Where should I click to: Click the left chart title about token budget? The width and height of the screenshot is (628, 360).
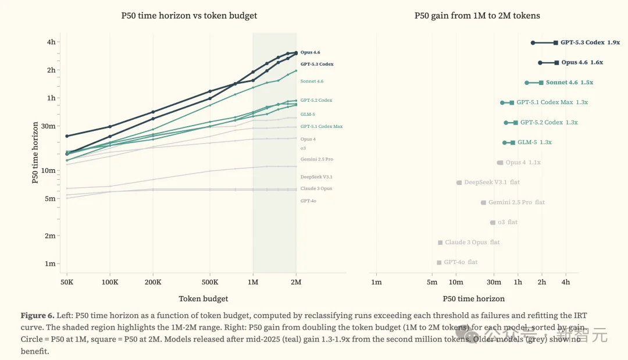click(x=189, y=16)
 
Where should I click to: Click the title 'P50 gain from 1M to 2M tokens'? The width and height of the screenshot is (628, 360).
click(x=477, y=16)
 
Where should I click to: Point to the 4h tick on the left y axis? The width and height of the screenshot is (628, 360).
click(x=51, y=42)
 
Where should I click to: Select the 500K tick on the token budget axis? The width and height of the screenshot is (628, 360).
click(x=210, y=282)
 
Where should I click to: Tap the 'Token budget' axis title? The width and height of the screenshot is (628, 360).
click(x=203, y=298)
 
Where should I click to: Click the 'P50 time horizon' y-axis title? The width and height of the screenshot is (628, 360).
click(x=35, y=152)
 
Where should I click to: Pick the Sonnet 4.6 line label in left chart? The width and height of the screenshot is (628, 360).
click(x=312, y=81)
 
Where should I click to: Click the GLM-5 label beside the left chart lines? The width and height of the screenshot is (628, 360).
click(x=308, y=115)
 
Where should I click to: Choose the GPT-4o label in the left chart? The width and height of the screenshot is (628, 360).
click(x=308, y=201)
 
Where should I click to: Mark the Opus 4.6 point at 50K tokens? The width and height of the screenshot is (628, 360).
click(x=67, y=136)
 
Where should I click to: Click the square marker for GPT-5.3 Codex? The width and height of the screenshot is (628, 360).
click(x=556, y=42)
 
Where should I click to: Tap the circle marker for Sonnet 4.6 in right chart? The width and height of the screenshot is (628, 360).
click(x=527, y=83)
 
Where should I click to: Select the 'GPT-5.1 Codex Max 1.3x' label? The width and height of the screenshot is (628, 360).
click(x=552, y=102)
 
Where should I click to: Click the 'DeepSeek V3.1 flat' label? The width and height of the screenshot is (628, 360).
click(x=491, y=182)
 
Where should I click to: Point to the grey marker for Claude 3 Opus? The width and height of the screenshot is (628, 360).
click(x=440, y=243)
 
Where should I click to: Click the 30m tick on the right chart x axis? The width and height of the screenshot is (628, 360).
click(x=494, y=282)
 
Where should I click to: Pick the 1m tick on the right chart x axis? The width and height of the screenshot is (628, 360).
click(x=376, y=282)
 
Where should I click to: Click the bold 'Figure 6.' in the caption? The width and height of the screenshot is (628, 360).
click(x=37, y=315)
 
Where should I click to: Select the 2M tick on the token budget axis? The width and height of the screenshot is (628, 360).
click(x=296, y=282)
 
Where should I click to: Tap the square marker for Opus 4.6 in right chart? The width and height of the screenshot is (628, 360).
click(x=556, y=62)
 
